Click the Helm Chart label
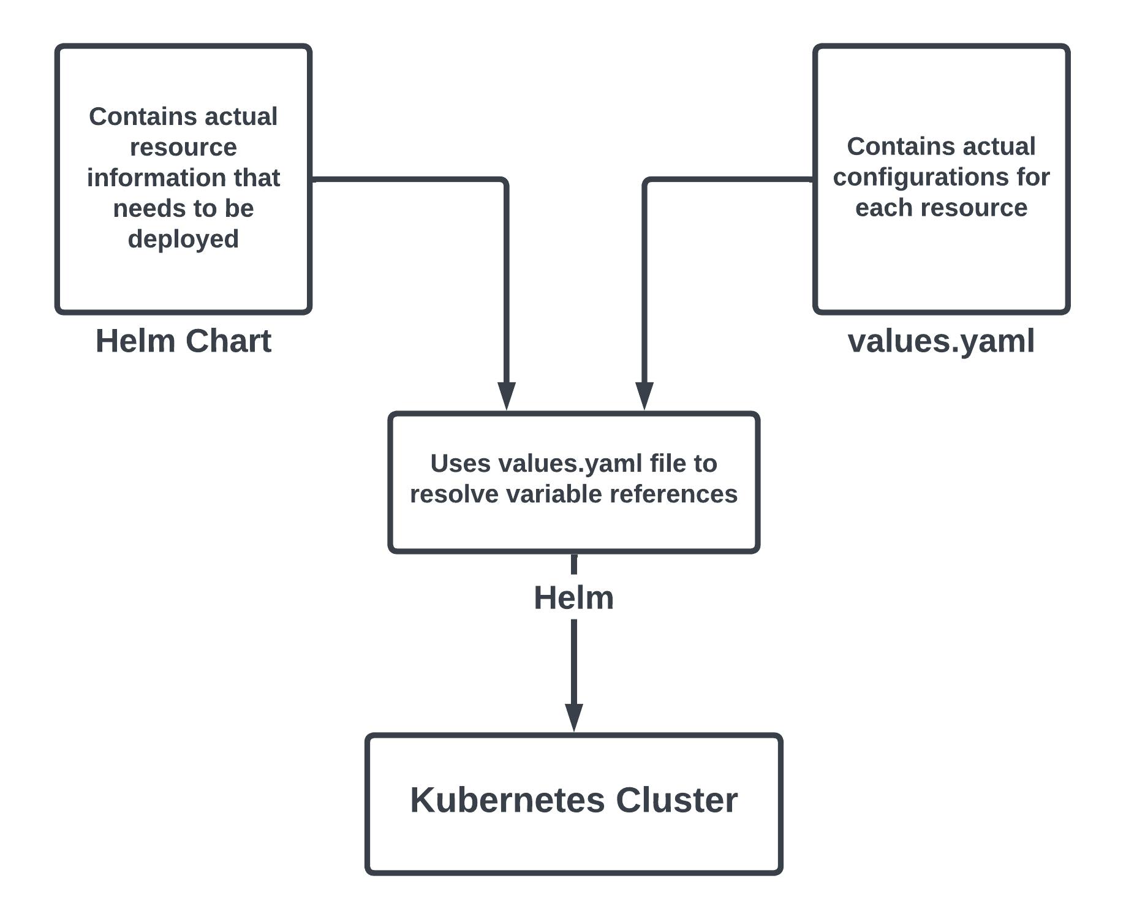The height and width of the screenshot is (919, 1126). (x=183, y=341)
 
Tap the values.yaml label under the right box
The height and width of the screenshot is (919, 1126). (x=940, y=341)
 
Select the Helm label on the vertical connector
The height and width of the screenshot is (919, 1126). (x=573, y=598)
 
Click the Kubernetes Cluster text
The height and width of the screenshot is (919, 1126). (x=573, y=800)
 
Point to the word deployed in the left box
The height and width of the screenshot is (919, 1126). (x=183, y=239)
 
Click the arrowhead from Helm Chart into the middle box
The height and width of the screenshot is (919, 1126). (x=507, y=395)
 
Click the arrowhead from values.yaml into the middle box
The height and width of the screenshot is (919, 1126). (x=644, y=395)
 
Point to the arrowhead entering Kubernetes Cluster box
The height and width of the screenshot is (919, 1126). (x=573, y=717)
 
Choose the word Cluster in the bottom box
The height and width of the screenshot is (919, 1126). (x=676, y=800)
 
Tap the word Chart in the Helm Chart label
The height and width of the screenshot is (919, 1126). (x=229, y=341)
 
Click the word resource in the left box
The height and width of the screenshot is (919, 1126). (x=183, y=148)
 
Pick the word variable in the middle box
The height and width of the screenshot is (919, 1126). (x=555, y=494)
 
